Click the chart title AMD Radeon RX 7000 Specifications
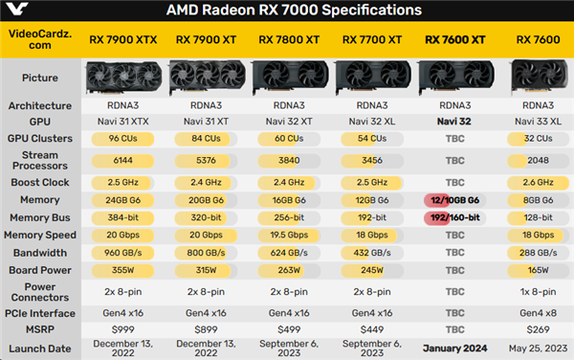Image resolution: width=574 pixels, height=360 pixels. (x=287, y=11)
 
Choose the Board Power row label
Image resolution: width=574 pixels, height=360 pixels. (x=40, y=270)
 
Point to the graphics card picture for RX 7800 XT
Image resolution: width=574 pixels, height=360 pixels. (x=289, y=77)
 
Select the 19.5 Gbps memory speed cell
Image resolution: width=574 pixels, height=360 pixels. (x=289, y=235)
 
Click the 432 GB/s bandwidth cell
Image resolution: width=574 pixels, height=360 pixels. (x=372, y=253)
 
